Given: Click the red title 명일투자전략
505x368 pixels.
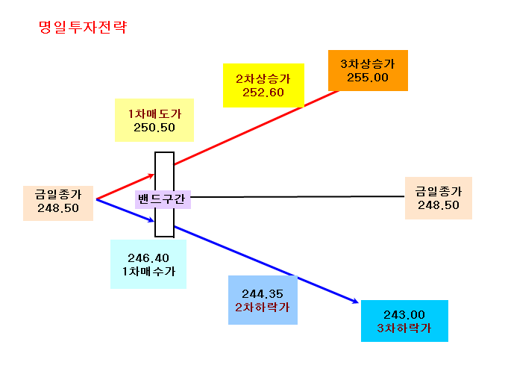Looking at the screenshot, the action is pos(83,27).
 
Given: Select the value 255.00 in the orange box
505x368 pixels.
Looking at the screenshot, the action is pos(368,78).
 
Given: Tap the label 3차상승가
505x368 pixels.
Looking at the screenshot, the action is pos(368,63).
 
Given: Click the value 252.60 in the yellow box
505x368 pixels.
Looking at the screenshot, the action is pos(263,93).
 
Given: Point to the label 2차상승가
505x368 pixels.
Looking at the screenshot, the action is pos(263,78).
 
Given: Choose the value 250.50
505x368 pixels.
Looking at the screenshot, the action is pos(154,128).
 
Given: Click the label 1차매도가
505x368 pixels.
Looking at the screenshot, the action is pos(155,113).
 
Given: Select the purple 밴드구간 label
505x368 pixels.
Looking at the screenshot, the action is pos(162,199).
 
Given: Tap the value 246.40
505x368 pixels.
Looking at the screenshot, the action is pos(148,258).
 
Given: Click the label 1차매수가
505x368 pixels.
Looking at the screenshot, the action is pos(148,271).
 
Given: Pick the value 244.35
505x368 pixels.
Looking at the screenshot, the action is pos(263,294).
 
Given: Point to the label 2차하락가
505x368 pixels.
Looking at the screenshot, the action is pos(263,307).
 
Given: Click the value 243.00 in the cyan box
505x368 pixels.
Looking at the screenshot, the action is pos(404,314).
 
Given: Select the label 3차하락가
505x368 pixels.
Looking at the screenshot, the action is pos(404,328).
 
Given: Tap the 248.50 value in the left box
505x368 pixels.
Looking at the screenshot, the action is pos(58,208).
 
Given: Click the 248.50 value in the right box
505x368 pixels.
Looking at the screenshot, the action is pos(439,205).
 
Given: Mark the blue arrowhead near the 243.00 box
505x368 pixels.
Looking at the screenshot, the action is pos(355,301).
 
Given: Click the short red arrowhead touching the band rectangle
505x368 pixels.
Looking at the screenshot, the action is pos(151,176).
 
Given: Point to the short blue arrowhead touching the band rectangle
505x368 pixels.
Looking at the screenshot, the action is pos(151,219).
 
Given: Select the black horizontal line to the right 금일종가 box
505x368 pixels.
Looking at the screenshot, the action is pos(298,196).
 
